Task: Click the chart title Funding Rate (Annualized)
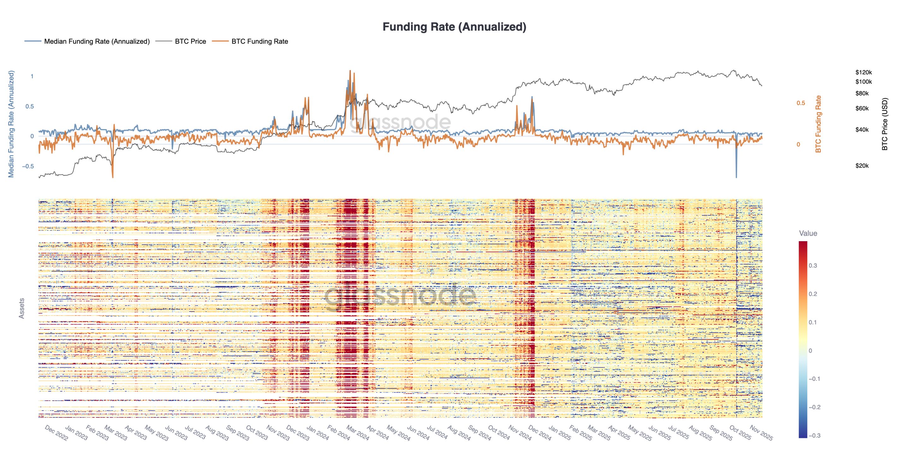tap(454, 27)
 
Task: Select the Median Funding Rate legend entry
tap(96, 41)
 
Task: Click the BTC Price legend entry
tap(190, 41)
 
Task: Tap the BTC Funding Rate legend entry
tap(259, 41)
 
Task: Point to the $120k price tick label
tap(863, 72)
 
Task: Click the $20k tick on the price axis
tap(862, 166)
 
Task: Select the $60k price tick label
tap(862, 108)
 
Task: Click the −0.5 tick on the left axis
tap(28, 166)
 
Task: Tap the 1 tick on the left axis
tap(32, 76)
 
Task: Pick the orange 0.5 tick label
tap(801, 103)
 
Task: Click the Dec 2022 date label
tap(56, 433)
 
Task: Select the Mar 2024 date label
tap(358, 433)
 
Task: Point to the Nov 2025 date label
tap(761, 433)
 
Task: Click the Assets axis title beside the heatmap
tap(21, 308)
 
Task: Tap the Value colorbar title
tap(808, 233)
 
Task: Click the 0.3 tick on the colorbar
tap(813, 265)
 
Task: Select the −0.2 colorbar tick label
tap(813, 407)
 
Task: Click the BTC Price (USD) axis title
tap(884, 124)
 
